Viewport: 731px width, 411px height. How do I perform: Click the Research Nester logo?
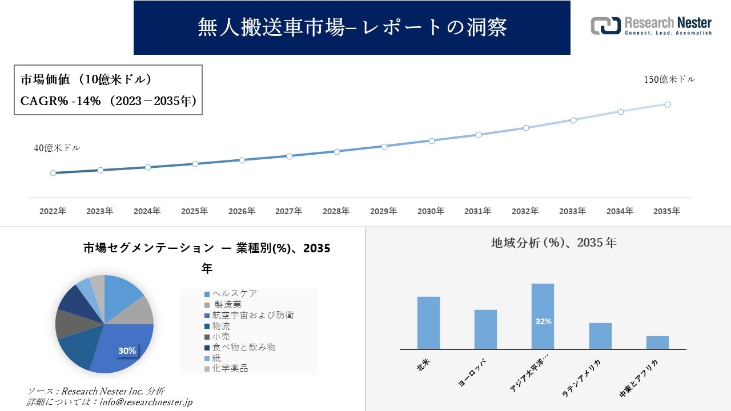click(651, 26)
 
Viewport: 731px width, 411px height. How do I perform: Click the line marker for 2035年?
click(667, 104)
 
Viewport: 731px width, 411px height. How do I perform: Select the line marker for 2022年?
click(53, 173)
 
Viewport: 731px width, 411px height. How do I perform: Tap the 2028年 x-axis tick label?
click(336, 211)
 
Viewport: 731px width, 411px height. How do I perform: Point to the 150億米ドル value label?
click(669, 80)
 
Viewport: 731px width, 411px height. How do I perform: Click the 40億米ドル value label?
click(57, 148)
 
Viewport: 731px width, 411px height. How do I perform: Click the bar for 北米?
click(428, 323)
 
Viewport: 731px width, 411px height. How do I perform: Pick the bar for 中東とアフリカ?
click(657, 342)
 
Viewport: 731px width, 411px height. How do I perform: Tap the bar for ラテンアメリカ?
click(600, 336)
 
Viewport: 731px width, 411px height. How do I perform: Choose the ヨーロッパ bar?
click(485, 329)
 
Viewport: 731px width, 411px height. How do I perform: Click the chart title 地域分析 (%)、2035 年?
click(553, 243)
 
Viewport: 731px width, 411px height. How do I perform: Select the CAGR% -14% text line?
click(109, 101)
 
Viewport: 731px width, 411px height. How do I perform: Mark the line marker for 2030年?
click(432, 140)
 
